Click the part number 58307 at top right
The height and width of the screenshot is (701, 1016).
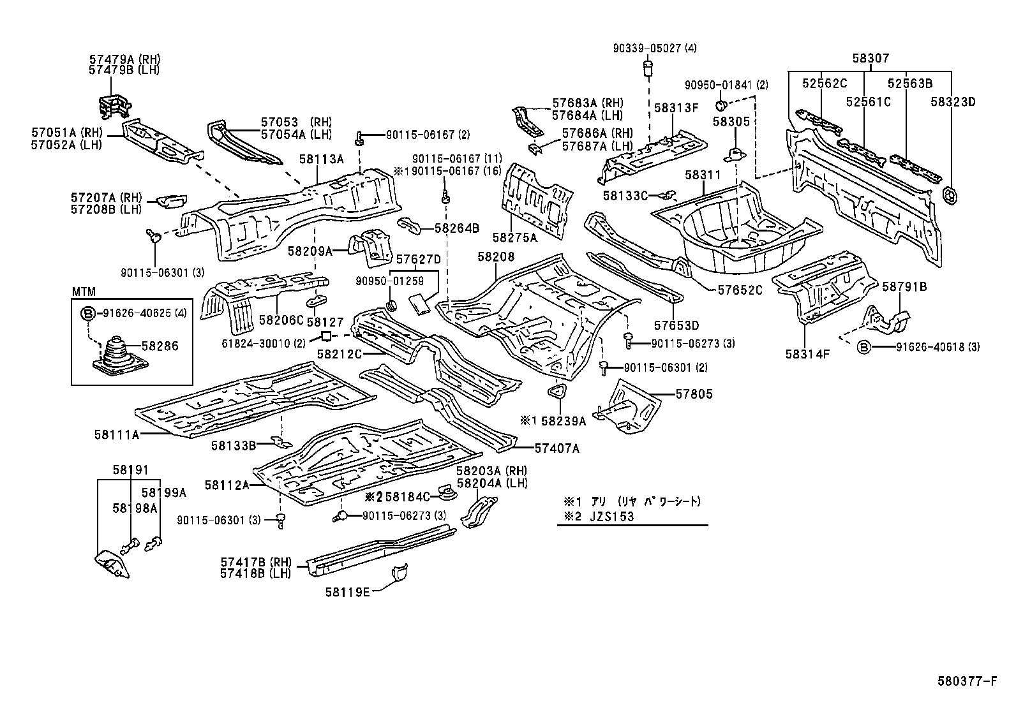[870, 59]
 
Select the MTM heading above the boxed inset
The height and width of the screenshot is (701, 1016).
[83, 292]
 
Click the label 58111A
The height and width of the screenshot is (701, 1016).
[116, 434]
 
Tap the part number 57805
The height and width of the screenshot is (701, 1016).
[694, 394]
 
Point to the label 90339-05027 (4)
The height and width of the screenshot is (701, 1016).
[655, 48]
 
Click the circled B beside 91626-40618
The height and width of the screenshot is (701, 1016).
[863, 346]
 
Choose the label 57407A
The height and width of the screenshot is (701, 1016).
[557, 448]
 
